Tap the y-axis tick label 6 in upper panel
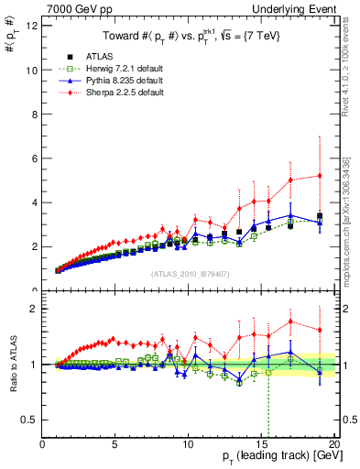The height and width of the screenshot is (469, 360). pos(34,158)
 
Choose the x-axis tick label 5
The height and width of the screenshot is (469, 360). pos(115,443)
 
